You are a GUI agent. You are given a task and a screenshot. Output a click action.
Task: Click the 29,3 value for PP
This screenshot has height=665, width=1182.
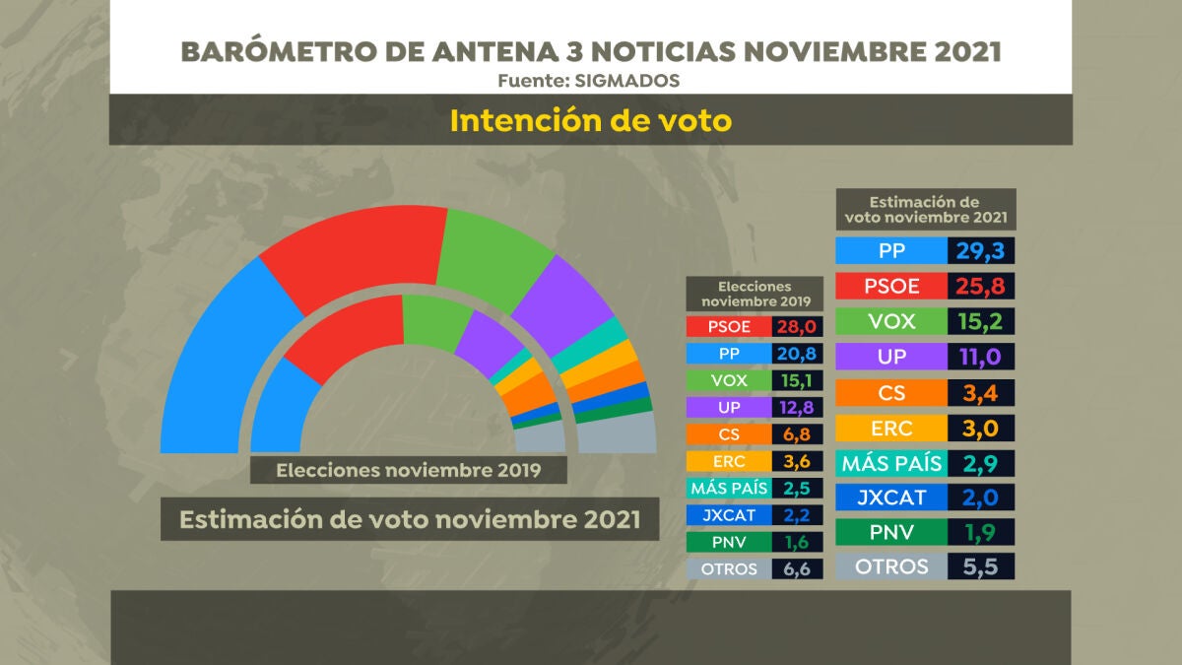tap(980, 251)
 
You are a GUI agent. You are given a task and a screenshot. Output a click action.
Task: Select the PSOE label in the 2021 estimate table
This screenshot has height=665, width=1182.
tap(890, 287)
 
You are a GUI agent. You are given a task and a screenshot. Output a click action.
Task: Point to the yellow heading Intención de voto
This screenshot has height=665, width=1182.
tap(591, 120)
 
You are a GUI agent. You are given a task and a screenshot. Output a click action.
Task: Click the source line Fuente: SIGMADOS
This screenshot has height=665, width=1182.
tap(589, 80)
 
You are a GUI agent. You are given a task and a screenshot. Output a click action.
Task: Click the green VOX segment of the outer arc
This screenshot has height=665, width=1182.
tap(492, 251)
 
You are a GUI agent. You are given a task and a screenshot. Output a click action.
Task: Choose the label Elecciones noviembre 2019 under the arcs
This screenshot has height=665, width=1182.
tap(409, 470)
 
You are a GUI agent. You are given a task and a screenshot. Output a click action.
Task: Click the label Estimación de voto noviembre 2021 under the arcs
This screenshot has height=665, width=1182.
tap(410, 518)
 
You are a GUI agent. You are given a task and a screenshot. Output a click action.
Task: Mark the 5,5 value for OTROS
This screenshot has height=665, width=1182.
tap(980, 566)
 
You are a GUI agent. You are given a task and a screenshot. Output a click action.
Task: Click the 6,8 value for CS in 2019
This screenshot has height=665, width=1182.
tap(799, 434)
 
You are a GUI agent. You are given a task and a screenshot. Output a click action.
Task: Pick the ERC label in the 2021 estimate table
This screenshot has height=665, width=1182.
tap(890, 429)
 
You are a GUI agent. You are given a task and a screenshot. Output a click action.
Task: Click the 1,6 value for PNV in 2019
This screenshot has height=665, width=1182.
tap(799, 542)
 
